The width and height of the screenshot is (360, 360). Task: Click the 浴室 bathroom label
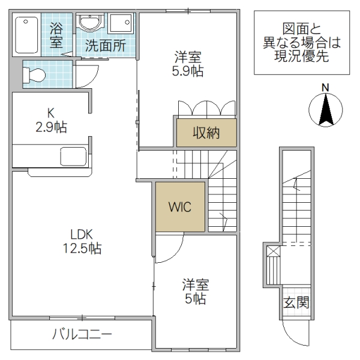coord(57,35)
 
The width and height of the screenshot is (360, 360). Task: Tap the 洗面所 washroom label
coord(104,45)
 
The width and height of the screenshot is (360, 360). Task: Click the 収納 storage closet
coord(206,133)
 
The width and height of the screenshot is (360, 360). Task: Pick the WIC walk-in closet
coord(179,208)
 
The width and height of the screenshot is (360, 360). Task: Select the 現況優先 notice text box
coord(301,43)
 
